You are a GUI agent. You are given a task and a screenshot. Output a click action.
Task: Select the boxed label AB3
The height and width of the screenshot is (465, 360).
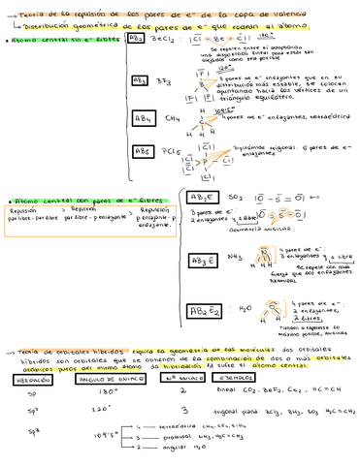pos(140,81)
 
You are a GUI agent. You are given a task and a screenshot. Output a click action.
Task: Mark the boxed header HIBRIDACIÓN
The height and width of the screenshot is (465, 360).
pos(31,378)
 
